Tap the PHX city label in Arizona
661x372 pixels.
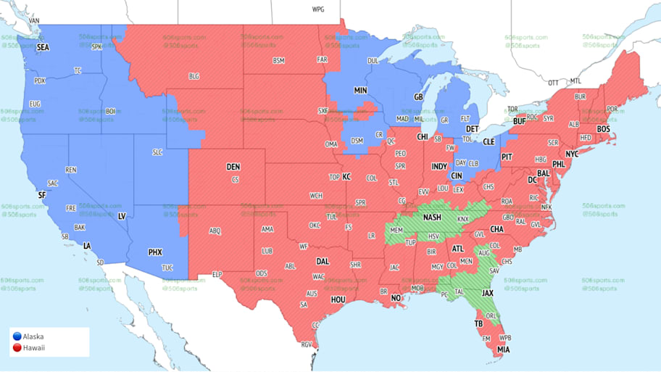155,252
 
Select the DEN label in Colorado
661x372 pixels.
233,167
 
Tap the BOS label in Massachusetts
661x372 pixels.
603,128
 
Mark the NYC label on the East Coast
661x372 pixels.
572,154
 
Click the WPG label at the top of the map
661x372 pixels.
317,9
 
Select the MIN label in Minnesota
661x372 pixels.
360,91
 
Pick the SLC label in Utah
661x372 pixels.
157,153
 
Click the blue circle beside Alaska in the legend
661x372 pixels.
17,336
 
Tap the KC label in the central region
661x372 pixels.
346,176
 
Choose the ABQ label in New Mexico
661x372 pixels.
215,231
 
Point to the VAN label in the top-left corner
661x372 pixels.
34,21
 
